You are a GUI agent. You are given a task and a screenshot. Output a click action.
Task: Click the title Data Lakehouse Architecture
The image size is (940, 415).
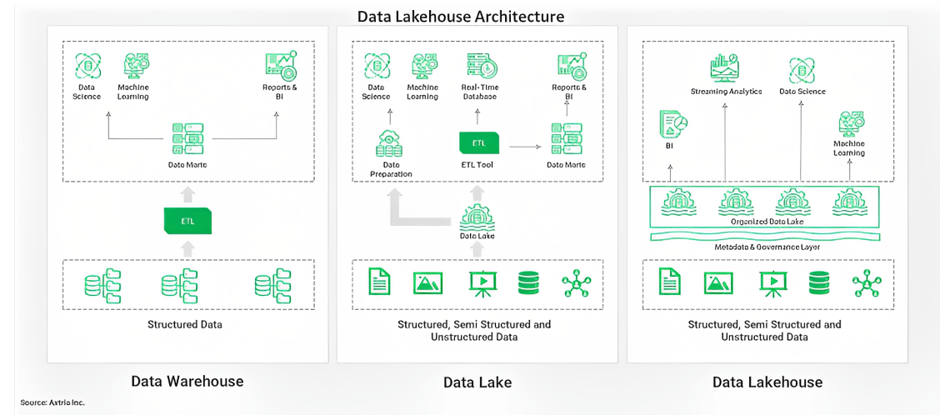[x=461, y=16]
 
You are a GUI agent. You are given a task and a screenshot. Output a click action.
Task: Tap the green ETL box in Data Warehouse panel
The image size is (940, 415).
[x=187, y=221]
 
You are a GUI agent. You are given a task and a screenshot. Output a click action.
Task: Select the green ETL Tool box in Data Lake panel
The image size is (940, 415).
[x=478, y=142]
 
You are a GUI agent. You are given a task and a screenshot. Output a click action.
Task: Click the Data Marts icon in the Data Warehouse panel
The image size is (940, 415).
[x=187, y=137]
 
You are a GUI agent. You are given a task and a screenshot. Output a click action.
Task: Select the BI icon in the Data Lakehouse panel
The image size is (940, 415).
[x=672, y=125]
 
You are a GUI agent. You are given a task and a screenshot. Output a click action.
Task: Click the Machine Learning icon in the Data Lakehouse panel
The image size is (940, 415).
[x=848, y=122]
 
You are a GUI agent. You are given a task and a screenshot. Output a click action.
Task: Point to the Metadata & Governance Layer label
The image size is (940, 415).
[x=767, y=247]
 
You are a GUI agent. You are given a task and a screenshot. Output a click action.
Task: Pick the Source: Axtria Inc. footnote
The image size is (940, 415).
[x=52, y=402]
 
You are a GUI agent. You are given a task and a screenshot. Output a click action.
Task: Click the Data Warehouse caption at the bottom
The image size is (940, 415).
[x=187, y=382]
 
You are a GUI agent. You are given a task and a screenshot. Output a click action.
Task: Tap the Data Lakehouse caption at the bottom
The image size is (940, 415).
[x=767, y=382]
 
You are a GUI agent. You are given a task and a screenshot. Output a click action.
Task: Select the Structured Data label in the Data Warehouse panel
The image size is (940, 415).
[x=185, y=324]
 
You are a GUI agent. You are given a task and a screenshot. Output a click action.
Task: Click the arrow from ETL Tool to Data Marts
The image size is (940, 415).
[x=524, y=146]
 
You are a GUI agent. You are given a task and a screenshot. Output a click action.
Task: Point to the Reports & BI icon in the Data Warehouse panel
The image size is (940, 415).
[x=277, y=66]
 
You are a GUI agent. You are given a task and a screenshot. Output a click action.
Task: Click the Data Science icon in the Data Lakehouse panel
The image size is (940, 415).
[x=802, y=70]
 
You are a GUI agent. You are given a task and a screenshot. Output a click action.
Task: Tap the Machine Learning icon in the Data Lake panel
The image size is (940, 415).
[x=422, y=66]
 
